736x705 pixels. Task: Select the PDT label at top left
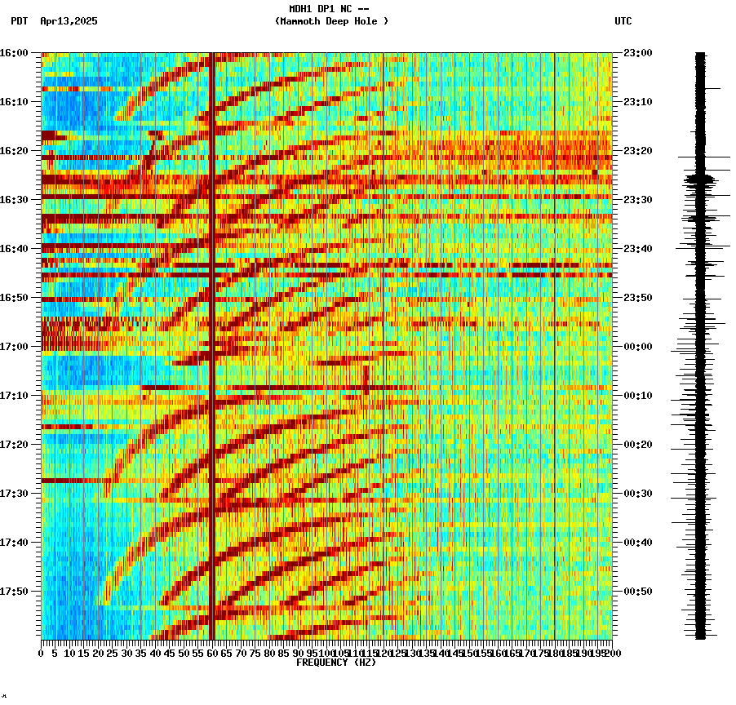(19, 21)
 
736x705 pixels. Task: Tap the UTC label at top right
(623, 21)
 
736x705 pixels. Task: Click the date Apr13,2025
(69, 21)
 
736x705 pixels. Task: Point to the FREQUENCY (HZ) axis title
(336, 663)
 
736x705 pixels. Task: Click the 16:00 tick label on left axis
(14, 53)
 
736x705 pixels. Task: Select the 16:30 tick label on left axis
(14, 200)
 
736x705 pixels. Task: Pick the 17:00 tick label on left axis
(14, 347)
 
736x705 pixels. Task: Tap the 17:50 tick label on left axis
(14, 592)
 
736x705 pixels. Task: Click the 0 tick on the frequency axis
(42, 654)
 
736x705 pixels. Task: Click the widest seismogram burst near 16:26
(700, 179)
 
